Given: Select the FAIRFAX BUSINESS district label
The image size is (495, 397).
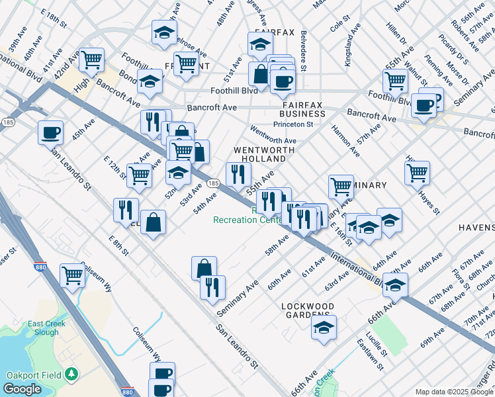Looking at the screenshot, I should pos(302,109).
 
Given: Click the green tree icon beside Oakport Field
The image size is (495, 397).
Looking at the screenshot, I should pos(71,375).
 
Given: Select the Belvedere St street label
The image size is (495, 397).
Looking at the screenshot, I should pos(303,50).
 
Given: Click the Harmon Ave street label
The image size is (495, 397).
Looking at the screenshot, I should pos(345,141).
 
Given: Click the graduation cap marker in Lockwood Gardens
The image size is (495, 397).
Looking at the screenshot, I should pos(324,327).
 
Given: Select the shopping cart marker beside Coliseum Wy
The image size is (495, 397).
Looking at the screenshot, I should pos(72,275).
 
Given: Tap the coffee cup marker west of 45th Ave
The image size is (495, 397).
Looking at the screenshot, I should pos(50,133).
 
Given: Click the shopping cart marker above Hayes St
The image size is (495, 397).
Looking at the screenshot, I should pos(417,173).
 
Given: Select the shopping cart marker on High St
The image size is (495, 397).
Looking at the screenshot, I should pos(91,60).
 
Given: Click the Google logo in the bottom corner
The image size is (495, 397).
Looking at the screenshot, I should pos(22,389).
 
